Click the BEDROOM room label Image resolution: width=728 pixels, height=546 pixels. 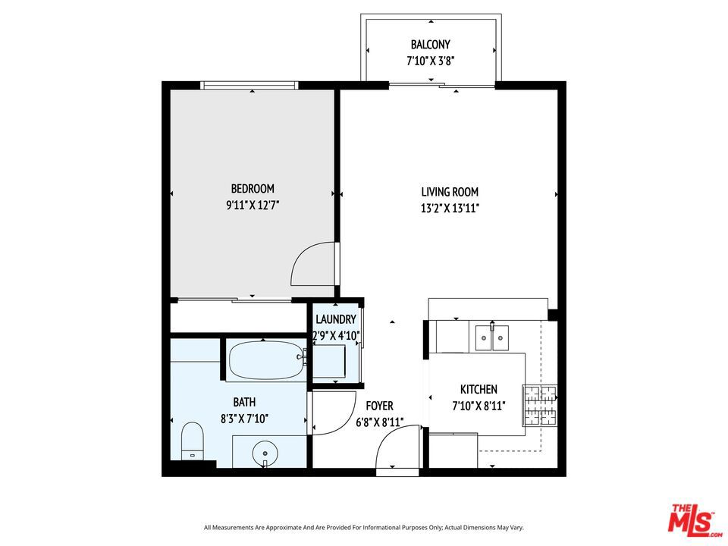tap(253, 189)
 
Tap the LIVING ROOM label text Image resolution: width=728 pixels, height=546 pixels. tap(450, 192)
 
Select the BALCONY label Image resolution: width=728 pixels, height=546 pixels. tap(431, 45)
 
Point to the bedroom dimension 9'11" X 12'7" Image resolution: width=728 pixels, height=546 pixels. tap(253, 205)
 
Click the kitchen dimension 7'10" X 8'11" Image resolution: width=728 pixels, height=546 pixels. tap(479, 406)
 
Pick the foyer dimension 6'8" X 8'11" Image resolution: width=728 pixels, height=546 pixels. tap(379, 422)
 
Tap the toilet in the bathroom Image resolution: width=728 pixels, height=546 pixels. tap(192, 441)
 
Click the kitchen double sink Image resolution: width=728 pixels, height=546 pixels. tap(491, 337)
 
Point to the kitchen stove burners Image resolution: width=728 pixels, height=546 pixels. tap(540, 405)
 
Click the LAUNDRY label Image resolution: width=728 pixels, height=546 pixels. tap(336, 319)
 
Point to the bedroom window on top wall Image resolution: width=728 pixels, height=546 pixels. tap(249, 86)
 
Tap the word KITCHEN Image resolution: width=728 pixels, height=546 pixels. tap(479, 390)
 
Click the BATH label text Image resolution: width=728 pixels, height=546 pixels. tap(244, 402)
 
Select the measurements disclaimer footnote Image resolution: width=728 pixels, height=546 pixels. tap(364, 528)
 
